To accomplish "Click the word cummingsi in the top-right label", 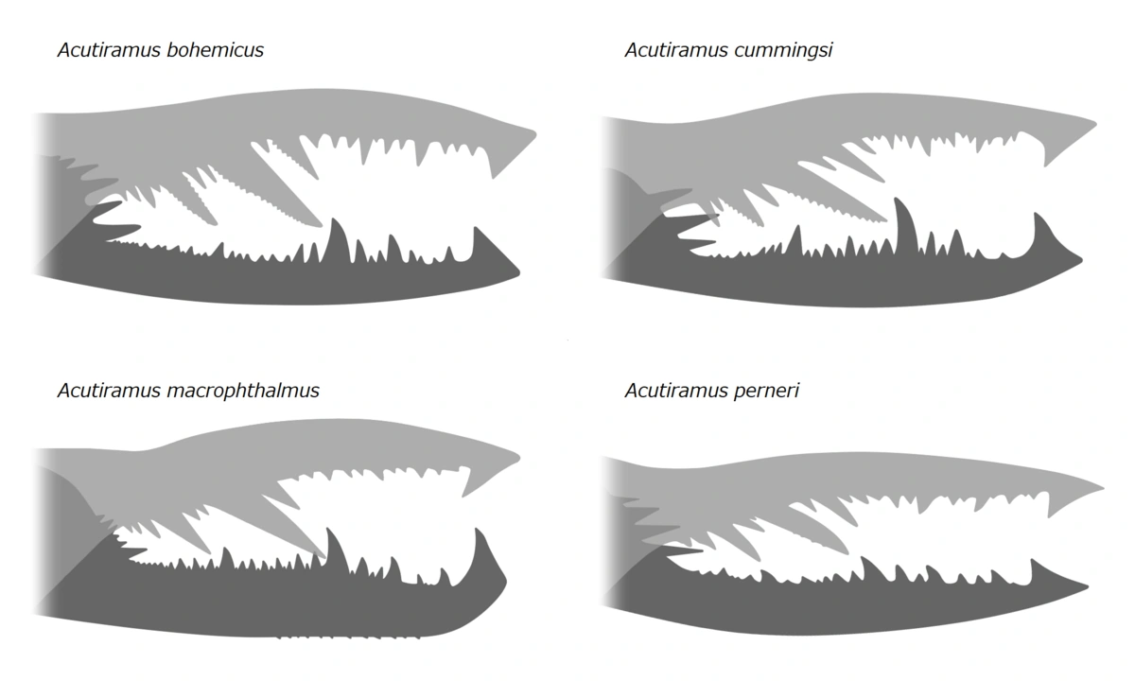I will (x=784, y=50).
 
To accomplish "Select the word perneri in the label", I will (x=766, y=391).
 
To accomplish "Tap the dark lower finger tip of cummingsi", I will (x=1075, y=262).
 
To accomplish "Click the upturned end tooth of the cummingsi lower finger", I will (x=1040, y=227).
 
